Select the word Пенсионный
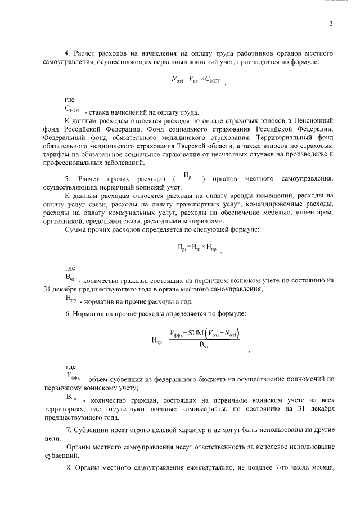click(315, 120)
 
